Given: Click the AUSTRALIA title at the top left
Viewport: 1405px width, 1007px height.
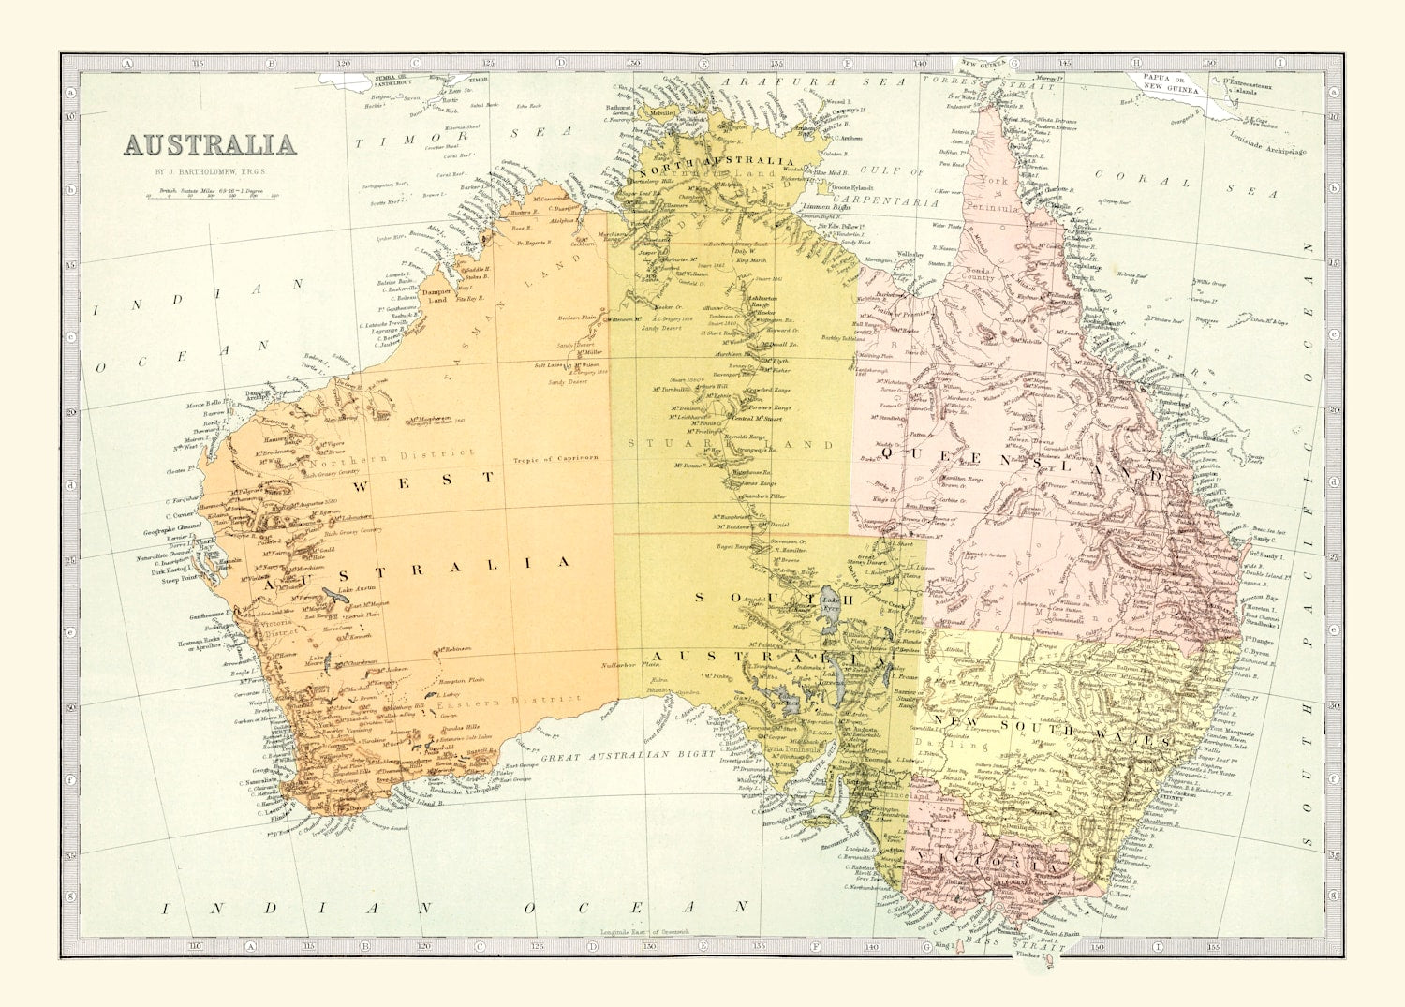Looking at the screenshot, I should pos(210,145).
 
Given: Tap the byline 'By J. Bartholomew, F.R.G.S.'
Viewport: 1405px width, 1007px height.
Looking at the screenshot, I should pos(211,172).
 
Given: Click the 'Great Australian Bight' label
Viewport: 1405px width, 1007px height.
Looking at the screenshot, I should pos(628,754).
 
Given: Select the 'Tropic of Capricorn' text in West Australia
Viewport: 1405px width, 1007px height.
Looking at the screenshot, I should pos(555,459).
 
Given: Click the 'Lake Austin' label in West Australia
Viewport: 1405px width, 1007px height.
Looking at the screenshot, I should pos(357,589).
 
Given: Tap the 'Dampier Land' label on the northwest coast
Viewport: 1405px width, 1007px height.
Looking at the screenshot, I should pos(438,296).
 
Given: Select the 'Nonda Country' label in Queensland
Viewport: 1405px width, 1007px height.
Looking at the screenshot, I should pos(980,274).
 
